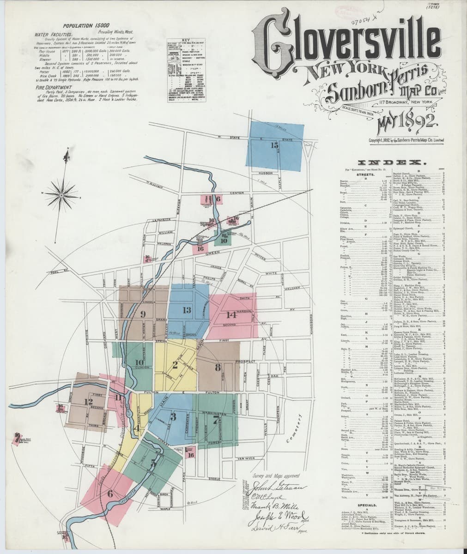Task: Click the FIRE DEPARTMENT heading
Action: pos(55,86)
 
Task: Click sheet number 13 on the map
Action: pos(187,310)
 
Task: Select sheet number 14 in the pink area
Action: pos(231,315)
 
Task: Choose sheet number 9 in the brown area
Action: pos(143,314)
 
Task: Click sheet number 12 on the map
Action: pos(89,402)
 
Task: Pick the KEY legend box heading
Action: pos(186,40)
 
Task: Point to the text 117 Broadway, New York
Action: pos(405,101)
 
